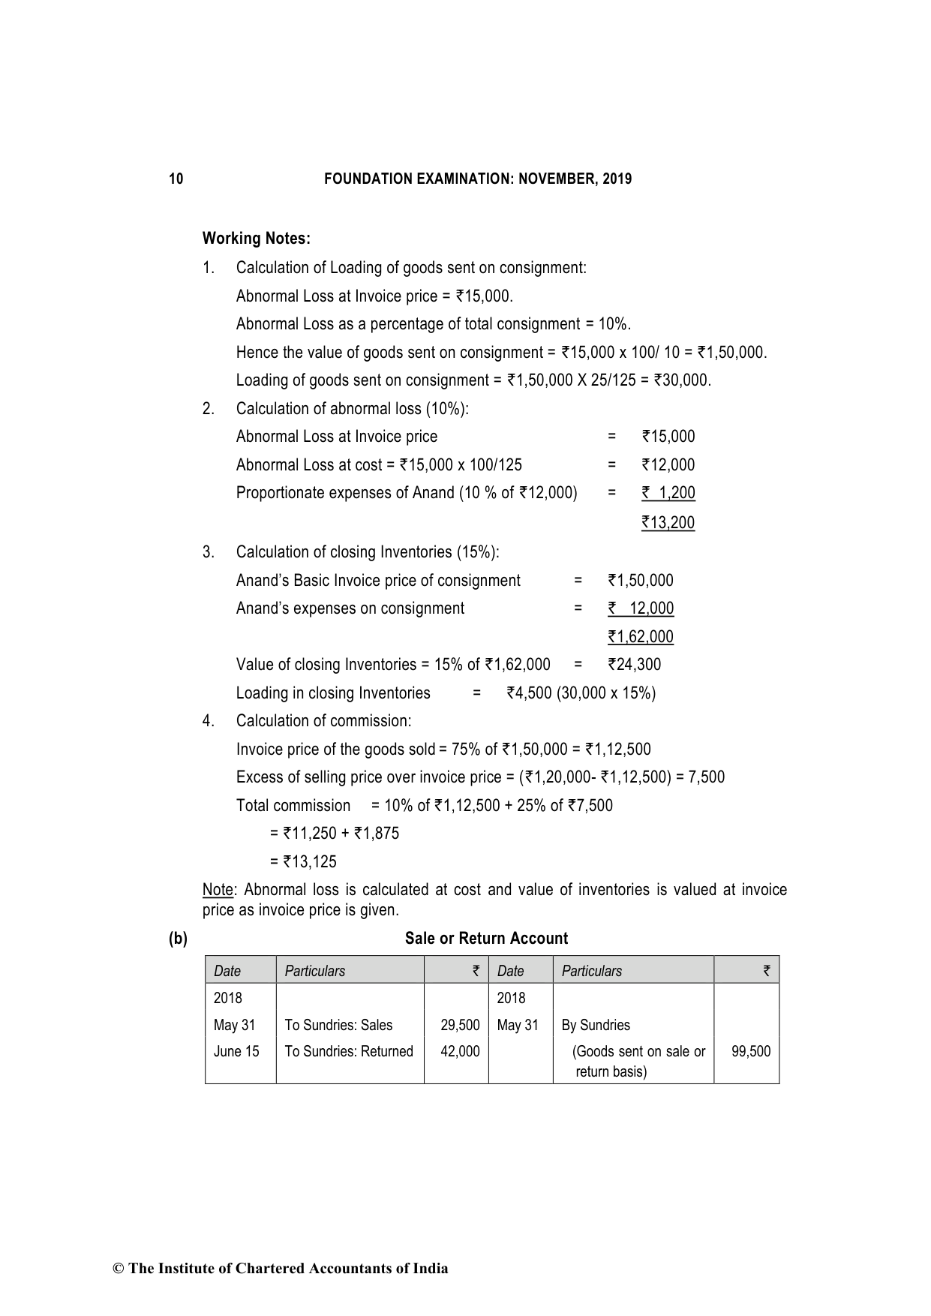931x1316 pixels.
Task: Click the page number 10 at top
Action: [x=176, y=179]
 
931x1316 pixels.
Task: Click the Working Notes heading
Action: [x=256, y=239]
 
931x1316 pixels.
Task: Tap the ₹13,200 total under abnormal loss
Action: [x=668, y=523]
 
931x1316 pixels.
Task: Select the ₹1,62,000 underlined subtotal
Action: [x=641, y=637]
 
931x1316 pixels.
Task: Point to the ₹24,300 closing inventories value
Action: [x=635, y=665]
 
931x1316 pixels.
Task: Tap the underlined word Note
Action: [x=218, y=891]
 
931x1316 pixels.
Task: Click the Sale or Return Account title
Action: [x=486, y=939]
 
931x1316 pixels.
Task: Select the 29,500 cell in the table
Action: [x=460, y=1026]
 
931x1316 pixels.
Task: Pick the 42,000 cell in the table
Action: [x=460, y=1052]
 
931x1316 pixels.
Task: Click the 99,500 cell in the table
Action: [x=751, y=1052]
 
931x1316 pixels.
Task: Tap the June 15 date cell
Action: [x=236, y=1052]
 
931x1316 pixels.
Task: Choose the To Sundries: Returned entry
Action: [x=349, y=1052]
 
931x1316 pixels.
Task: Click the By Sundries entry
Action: [x=596, y=1026]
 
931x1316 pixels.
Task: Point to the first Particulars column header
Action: [x=315, y=972]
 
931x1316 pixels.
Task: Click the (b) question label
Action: [x=178, y=939]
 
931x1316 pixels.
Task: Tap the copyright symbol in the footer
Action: [x=118, y=1269]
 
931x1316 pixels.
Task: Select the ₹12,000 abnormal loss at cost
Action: [x=668, y=465]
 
